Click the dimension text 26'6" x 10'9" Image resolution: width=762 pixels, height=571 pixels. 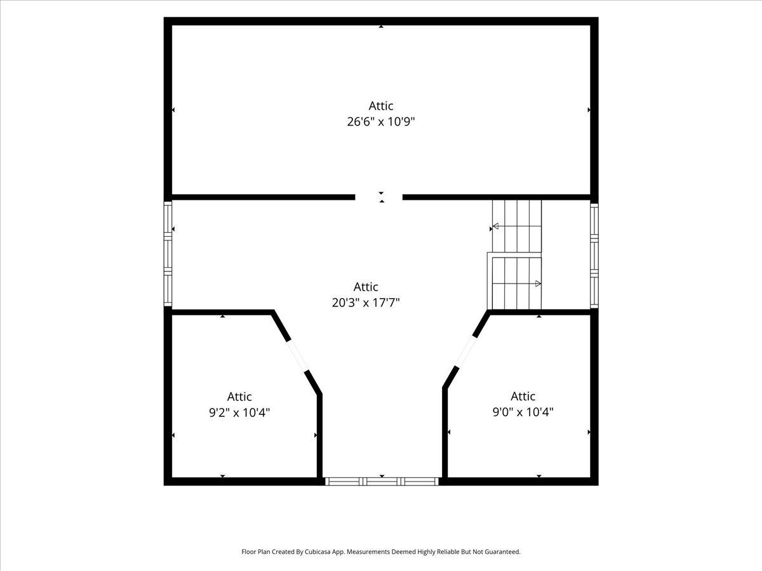[381, 122]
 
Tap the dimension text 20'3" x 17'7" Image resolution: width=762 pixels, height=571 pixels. [366, 303]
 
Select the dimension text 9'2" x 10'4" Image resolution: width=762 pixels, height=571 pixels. [239, 412]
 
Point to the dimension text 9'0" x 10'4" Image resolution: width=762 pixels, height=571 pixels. [523, 412]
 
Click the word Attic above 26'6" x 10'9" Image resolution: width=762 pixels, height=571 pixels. [381, 105]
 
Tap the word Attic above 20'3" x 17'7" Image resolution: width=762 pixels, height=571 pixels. [366, 287]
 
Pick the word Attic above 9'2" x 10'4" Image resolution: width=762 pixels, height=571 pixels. [239, 397]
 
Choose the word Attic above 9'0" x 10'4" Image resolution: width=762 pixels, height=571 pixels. [523, 396]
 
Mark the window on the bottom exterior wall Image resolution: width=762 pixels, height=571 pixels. [382, 481]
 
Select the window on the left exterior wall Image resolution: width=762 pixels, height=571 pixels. [168, 254]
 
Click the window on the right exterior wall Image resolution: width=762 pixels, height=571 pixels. [594, 256]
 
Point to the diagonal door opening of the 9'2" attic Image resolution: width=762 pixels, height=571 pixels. [297, 357]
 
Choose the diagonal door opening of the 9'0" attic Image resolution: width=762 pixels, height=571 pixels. [466, 351]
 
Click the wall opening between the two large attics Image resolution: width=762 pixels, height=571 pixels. [378, 197]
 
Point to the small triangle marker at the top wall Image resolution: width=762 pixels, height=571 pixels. [381, 27]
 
